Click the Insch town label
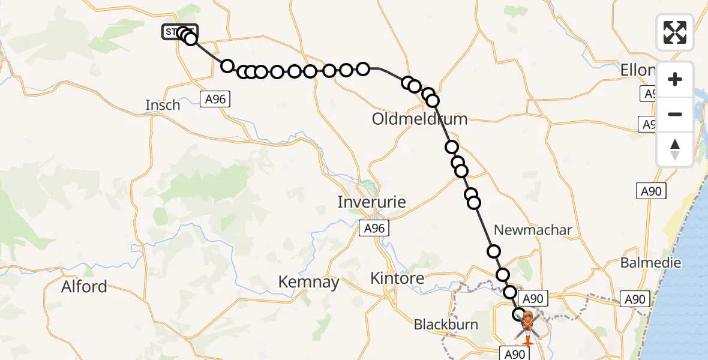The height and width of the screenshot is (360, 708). click(x=163, y=105)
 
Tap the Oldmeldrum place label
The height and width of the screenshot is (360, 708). click(x=419, y=119)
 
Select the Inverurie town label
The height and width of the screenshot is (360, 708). click(x=371, y=202)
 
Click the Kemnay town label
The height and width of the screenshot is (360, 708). click(x=309, y=282)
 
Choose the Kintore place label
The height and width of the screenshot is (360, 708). click(x=397, y=278)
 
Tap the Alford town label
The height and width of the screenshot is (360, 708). click(x=84, y=287)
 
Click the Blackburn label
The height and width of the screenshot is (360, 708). click(x=446, y=325)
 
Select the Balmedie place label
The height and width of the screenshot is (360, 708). click(x=650, y=263)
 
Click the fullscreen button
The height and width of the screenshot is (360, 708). click(x=675, y=32)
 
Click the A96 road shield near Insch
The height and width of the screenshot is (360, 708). click(x=215, y=99)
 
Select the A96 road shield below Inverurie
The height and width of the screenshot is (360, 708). click(x=373, y=228)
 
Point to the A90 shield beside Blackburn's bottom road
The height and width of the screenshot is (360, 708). click(x=514, y=354)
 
